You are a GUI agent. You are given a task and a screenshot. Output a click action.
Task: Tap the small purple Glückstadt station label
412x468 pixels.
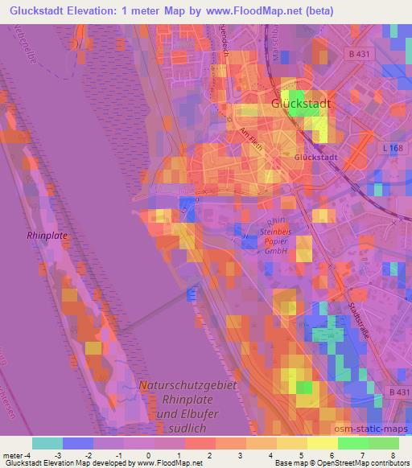315,158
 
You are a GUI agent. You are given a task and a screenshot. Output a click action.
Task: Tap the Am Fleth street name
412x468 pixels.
251,138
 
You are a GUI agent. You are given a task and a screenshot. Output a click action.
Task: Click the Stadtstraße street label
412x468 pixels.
360,316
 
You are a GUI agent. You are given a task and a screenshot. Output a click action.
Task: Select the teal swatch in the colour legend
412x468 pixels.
47,443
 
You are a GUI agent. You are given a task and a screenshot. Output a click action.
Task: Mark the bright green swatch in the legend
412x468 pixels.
352,443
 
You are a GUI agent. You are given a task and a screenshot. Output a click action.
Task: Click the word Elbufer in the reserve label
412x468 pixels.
200,414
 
